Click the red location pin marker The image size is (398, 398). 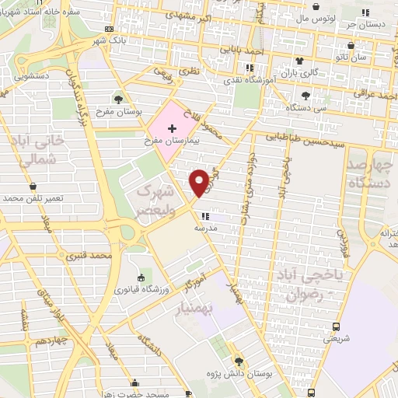click(199, 182)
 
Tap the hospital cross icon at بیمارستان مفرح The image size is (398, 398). click(172, 127)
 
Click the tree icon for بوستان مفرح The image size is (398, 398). click(118, 99)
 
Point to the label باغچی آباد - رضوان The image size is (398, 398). click(309, 287)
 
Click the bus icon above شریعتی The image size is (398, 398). click(336, 326)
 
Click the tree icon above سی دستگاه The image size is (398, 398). click(305, 96)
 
